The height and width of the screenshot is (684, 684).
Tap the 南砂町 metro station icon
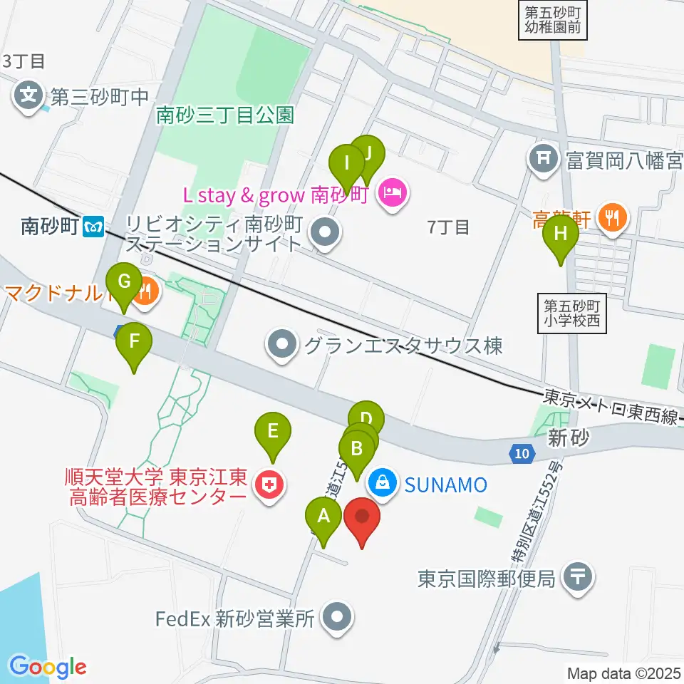93,227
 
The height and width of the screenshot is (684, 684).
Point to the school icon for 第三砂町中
29,96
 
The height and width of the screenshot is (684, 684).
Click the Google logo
48,668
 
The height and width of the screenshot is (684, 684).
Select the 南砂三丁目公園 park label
225,115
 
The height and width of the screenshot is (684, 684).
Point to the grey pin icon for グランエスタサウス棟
283,346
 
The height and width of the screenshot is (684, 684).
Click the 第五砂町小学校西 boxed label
573,313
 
